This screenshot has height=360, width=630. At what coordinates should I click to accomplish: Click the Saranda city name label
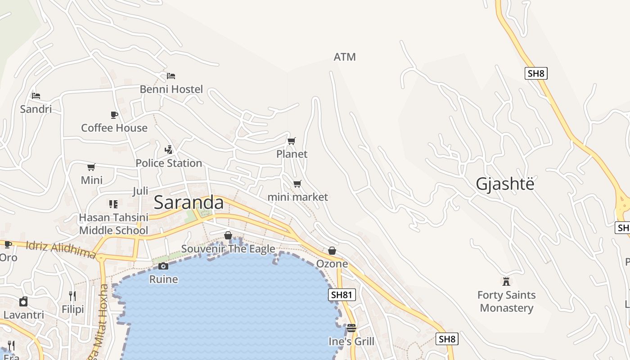point(189,203)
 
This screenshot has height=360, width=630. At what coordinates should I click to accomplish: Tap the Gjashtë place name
point(505,184)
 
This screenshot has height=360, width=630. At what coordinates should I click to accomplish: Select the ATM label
point(345,57)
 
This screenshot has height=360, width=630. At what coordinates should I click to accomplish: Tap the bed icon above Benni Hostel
point(171,76)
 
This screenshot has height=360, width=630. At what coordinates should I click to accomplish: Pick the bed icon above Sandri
point(36,95)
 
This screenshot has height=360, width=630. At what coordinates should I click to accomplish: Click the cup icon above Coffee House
point(114,115)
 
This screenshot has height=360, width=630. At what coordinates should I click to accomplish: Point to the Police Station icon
point(169,149)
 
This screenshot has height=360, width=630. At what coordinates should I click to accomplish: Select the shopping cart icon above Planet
point(292,141)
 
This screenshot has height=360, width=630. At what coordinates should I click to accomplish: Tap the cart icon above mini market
point(297,184)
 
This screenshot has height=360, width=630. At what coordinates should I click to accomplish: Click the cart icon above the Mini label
point(91,167)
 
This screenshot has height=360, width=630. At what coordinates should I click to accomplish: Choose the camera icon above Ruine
point(163,266)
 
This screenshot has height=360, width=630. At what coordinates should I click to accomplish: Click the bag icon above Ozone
point(332,251)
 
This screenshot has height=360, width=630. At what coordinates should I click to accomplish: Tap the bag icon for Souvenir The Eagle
point(228,235)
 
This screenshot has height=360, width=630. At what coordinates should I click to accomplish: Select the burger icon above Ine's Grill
point(351,328)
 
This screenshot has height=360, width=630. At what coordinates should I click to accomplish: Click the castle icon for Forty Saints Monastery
point(506,282)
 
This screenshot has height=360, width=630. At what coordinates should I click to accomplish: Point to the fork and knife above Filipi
point(72,296)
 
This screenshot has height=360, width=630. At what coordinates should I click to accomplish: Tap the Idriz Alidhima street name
point(61,250)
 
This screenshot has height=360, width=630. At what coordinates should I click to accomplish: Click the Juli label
point(140,191)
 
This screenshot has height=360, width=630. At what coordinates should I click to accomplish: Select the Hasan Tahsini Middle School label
point(113,224)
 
